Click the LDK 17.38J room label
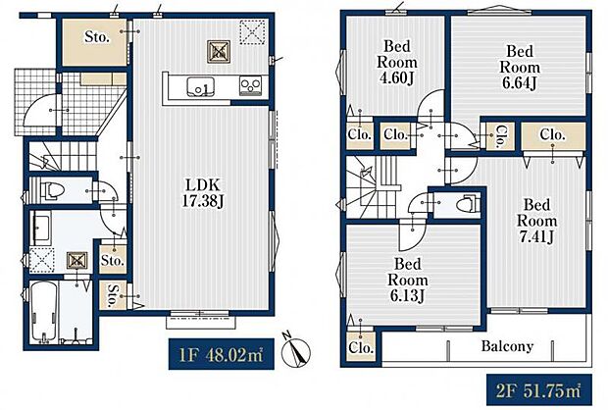[203, 192]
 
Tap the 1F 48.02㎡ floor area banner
[222, 354]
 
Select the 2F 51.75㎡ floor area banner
[539, 389]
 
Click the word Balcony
[507, 345]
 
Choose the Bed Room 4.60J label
[397, 62]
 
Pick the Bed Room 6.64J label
[520, 67]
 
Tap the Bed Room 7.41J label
[537, 221]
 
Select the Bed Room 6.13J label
[408, 280]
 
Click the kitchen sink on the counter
[200, 87]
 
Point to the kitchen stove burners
[250, 85]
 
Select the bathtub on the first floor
[43, 312]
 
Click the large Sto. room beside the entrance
[95, 42]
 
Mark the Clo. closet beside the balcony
[361, 346]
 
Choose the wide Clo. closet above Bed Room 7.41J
[553, 135]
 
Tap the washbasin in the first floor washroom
[41, 229]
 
